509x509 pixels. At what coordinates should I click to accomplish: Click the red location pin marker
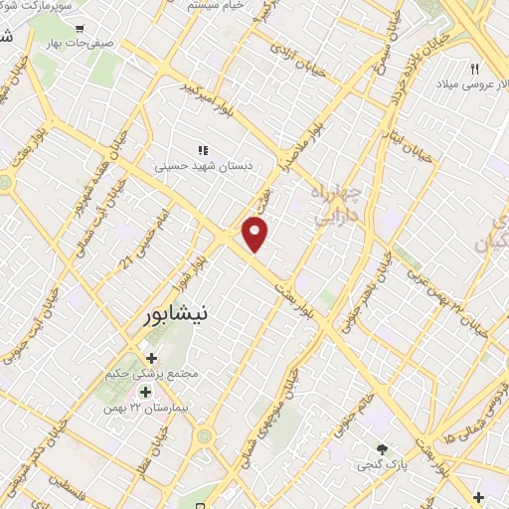coord(256,234)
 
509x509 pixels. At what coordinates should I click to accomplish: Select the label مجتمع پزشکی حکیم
coord(152,375)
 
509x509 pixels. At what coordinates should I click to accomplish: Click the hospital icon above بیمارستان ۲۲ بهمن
coord(146,392)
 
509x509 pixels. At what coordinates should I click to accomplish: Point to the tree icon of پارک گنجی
coord(383,448)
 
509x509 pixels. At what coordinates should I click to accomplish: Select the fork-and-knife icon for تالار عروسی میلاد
coord(475,68)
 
